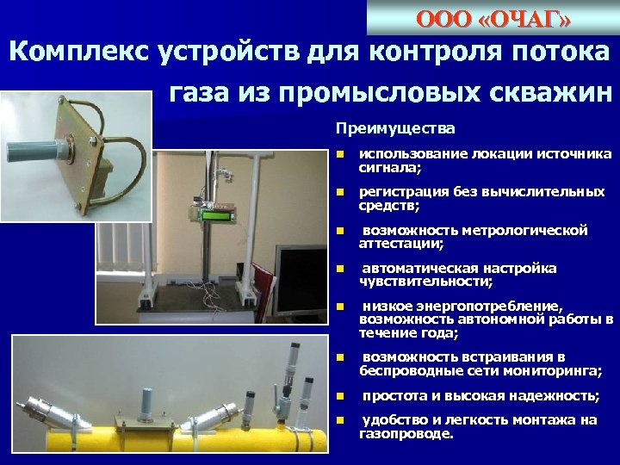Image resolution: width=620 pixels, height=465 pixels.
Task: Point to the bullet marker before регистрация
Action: (340, 192)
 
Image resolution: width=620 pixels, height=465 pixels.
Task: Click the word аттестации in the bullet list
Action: (400, 244)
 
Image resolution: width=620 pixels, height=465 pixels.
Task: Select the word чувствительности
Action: (424, 282)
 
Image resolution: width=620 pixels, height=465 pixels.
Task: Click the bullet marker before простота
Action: (340, 396)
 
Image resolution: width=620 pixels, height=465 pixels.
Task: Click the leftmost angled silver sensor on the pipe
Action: (39, 408)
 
